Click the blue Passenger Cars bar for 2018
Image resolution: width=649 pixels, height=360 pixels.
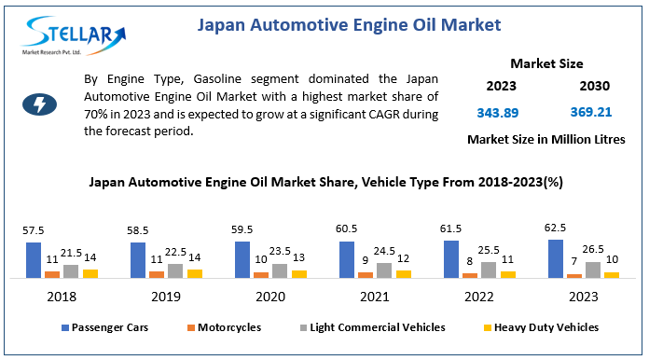click(x=34, y=260)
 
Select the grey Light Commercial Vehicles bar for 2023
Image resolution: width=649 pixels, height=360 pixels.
click(x=592, y=269)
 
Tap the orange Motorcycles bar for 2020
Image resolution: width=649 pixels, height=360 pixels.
click(x=261, y=274)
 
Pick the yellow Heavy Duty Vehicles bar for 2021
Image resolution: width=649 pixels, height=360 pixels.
click(x=403, y=273)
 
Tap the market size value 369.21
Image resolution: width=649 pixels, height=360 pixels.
click(x=590, y=112)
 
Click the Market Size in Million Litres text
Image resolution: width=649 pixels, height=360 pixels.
click(x=545, y=139)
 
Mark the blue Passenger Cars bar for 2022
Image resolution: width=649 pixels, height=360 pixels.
click(x=451, y=258)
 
